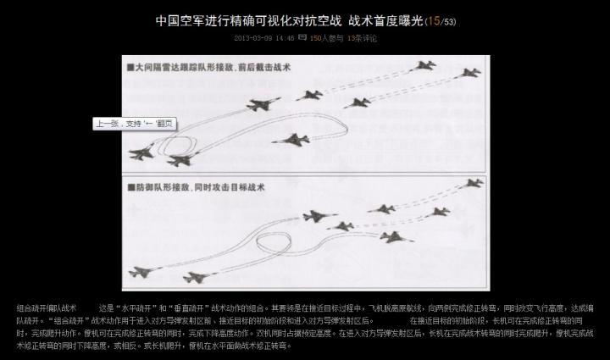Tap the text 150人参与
pyautogui.click(x=328, y=38)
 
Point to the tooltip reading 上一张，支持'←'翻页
pyautogui.click(x=136, y=124)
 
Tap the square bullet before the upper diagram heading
pyautogui.click(x=129, y=66)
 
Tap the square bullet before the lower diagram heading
pyautogui.click(x=129, y=185)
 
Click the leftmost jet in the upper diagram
pyautogui.click(x=141, y=153)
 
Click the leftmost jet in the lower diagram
pyautogui.click(x=141, y=273)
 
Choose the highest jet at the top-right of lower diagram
pyautogui.click(x=473, y=182)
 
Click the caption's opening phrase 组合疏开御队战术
pyautogui.click(x=47, y=307)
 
